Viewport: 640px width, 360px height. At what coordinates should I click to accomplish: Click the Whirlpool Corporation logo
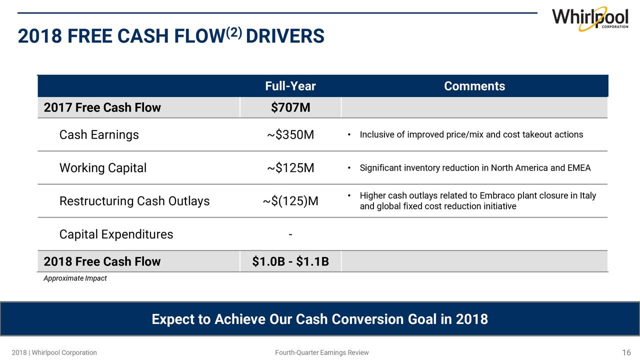[590, 19]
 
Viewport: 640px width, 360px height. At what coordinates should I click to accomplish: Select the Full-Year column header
[290, 86]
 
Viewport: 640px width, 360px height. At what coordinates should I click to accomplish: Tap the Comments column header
[474, 86]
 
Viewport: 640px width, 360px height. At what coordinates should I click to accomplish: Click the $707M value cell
[290, 107]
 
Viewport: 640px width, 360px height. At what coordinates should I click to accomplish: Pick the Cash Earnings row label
[99, 134]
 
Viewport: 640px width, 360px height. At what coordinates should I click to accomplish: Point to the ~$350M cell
[290, 134]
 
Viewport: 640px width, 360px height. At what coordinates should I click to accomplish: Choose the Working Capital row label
[103, 167]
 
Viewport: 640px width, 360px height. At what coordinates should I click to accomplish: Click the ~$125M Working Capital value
[290, 167]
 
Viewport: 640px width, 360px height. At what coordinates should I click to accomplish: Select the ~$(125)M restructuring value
[290, 201]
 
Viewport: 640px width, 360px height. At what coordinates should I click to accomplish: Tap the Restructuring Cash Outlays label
[134, 201]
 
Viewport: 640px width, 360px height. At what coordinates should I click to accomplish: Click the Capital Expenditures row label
[116, 234]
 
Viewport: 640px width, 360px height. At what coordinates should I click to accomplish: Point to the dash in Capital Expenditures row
[290, 235]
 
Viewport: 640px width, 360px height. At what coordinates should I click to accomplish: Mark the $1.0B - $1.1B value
[290, 261]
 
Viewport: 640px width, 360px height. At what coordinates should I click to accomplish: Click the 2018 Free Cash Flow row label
[102, 261]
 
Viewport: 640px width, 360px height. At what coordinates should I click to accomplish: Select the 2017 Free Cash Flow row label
[102, 107]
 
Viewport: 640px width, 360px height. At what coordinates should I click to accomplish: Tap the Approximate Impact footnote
[75, 278]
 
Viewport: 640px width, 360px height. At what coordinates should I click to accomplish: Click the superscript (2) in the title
[234, 33]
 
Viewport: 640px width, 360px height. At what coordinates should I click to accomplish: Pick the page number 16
[626, 352]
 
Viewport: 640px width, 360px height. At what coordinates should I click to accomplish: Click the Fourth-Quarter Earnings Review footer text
[321, 352]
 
